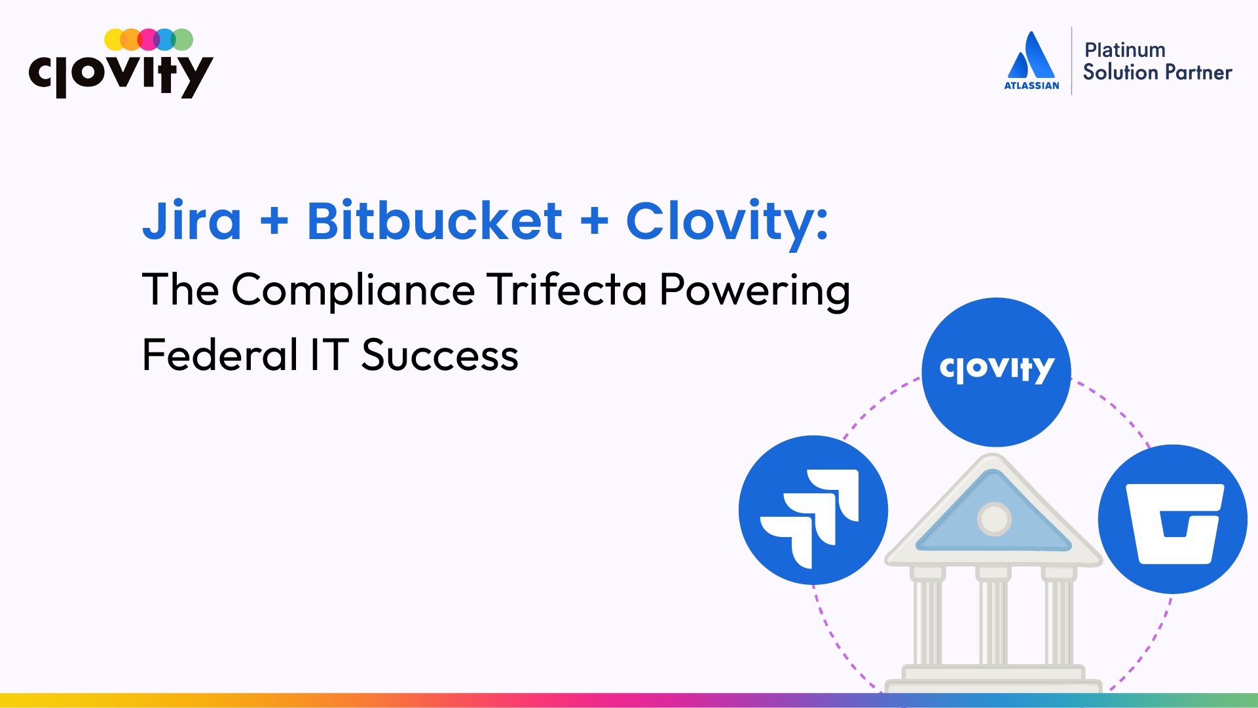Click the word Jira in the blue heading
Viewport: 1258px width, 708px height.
(x=192, y=220)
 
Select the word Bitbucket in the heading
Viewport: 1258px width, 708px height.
(x=434, y=220)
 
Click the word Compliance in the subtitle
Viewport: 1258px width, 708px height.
(x=353, y=290)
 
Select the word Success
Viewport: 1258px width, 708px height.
(x=440, y=356)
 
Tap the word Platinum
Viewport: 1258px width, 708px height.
(x=1125, y=50)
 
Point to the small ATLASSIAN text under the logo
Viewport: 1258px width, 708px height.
(x=1031, y=86)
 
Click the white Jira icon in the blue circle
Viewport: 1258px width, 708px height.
(x=809, y=518)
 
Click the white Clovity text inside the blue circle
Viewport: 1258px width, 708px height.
(x=997, y=369)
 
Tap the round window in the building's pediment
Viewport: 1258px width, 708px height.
(x=994, y=519)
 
